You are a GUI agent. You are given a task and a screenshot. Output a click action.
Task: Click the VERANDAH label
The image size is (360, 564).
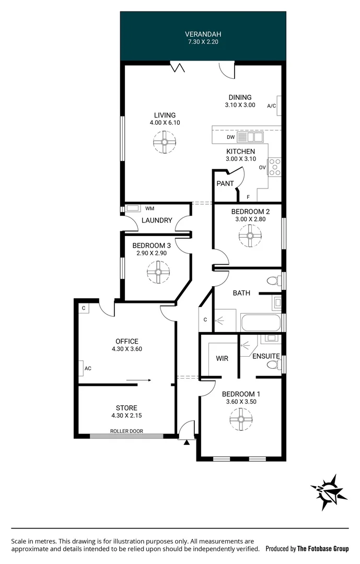(203, 34)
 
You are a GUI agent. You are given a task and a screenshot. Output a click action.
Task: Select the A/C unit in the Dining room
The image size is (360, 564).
(280, 105)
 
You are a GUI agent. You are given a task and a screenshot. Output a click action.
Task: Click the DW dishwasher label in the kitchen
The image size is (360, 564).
(230, 137)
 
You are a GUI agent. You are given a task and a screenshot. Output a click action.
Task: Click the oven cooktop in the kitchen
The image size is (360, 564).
(274, 167)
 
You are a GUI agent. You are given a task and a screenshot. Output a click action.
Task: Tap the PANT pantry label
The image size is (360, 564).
(225, 184)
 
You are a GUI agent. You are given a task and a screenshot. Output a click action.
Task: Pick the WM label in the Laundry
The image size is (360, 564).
(149, 208)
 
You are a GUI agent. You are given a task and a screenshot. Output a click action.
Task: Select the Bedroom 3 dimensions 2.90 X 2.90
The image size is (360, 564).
(151, 253)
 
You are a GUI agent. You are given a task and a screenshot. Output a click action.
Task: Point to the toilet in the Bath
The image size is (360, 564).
(273, 281)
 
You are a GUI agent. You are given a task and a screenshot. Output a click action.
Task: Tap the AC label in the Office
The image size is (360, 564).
(88, 368)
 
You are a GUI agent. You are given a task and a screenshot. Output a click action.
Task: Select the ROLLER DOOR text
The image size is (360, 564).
(126, 431)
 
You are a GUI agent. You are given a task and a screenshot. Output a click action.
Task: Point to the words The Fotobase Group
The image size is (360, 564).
(322, 549)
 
